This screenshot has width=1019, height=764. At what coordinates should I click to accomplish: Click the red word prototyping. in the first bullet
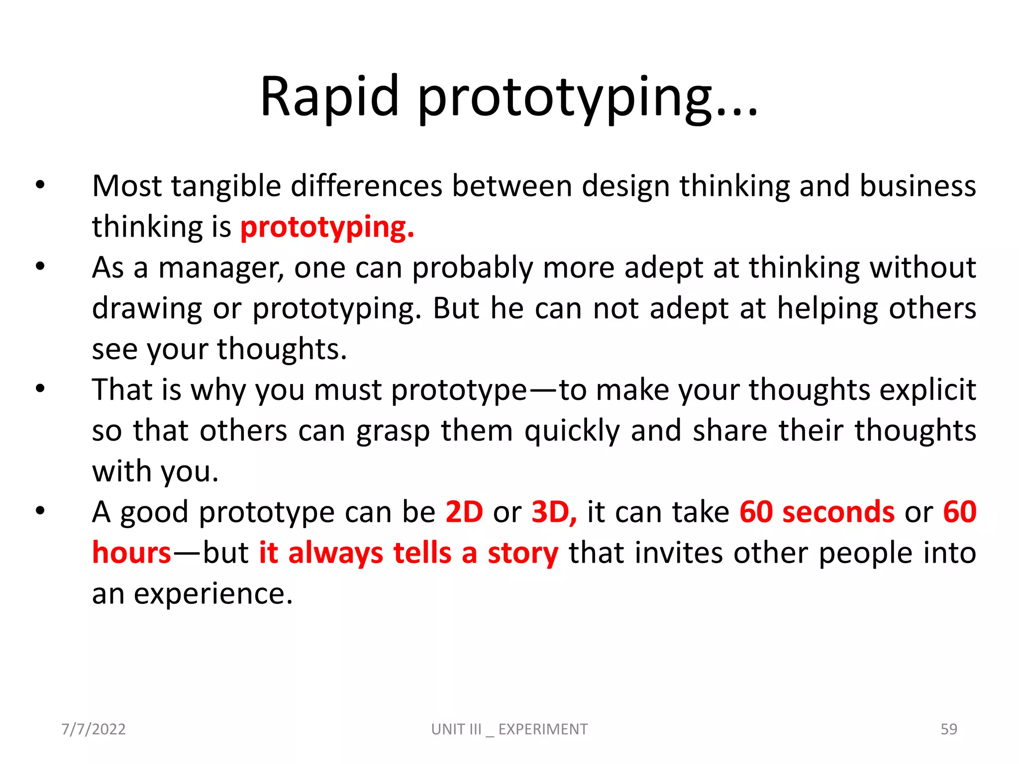tap(327, 227)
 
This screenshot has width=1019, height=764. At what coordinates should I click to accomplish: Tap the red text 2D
tap(464, 512)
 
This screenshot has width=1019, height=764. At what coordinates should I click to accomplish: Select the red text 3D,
tap(554, 512)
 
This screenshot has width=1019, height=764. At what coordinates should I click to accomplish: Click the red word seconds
tap(838, 512)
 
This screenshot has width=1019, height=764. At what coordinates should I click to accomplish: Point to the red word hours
tap(132, 553)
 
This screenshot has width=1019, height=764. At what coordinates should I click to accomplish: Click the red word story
tap(523, 554)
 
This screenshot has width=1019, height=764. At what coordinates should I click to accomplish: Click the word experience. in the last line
tap(213, 593)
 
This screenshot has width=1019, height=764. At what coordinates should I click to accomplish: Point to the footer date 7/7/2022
tap(94, 729)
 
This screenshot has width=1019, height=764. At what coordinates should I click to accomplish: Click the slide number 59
tap(948, 729)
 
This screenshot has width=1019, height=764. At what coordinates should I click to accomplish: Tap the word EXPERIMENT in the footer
tap(543, 729)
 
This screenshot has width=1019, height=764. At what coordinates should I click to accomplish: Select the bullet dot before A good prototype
tap(40, 511)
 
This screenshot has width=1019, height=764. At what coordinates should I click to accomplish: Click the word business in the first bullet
tap(917, 187)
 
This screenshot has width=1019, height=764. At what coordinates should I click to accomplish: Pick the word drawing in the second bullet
tap(147, 309)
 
